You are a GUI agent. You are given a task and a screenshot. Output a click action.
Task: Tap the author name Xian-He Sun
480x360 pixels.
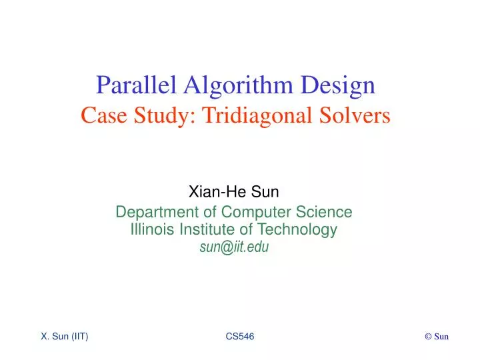click(234, 193)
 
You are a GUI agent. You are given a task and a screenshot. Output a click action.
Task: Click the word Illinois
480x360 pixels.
click(150, 230)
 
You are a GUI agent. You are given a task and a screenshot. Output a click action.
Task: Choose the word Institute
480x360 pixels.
click(205, 230)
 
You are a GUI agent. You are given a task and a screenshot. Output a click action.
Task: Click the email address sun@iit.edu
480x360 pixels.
click(234, 247)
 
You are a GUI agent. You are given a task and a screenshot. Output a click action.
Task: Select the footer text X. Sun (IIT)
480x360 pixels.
click(65, 337)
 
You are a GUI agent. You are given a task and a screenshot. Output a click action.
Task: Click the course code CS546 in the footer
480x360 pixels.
click(240, 337)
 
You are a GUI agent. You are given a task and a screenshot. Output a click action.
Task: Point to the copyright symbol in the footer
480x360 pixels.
click(428, 337)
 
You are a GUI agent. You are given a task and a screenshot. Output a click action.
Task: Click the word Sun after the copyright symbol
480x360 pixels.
click(441, 337)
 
